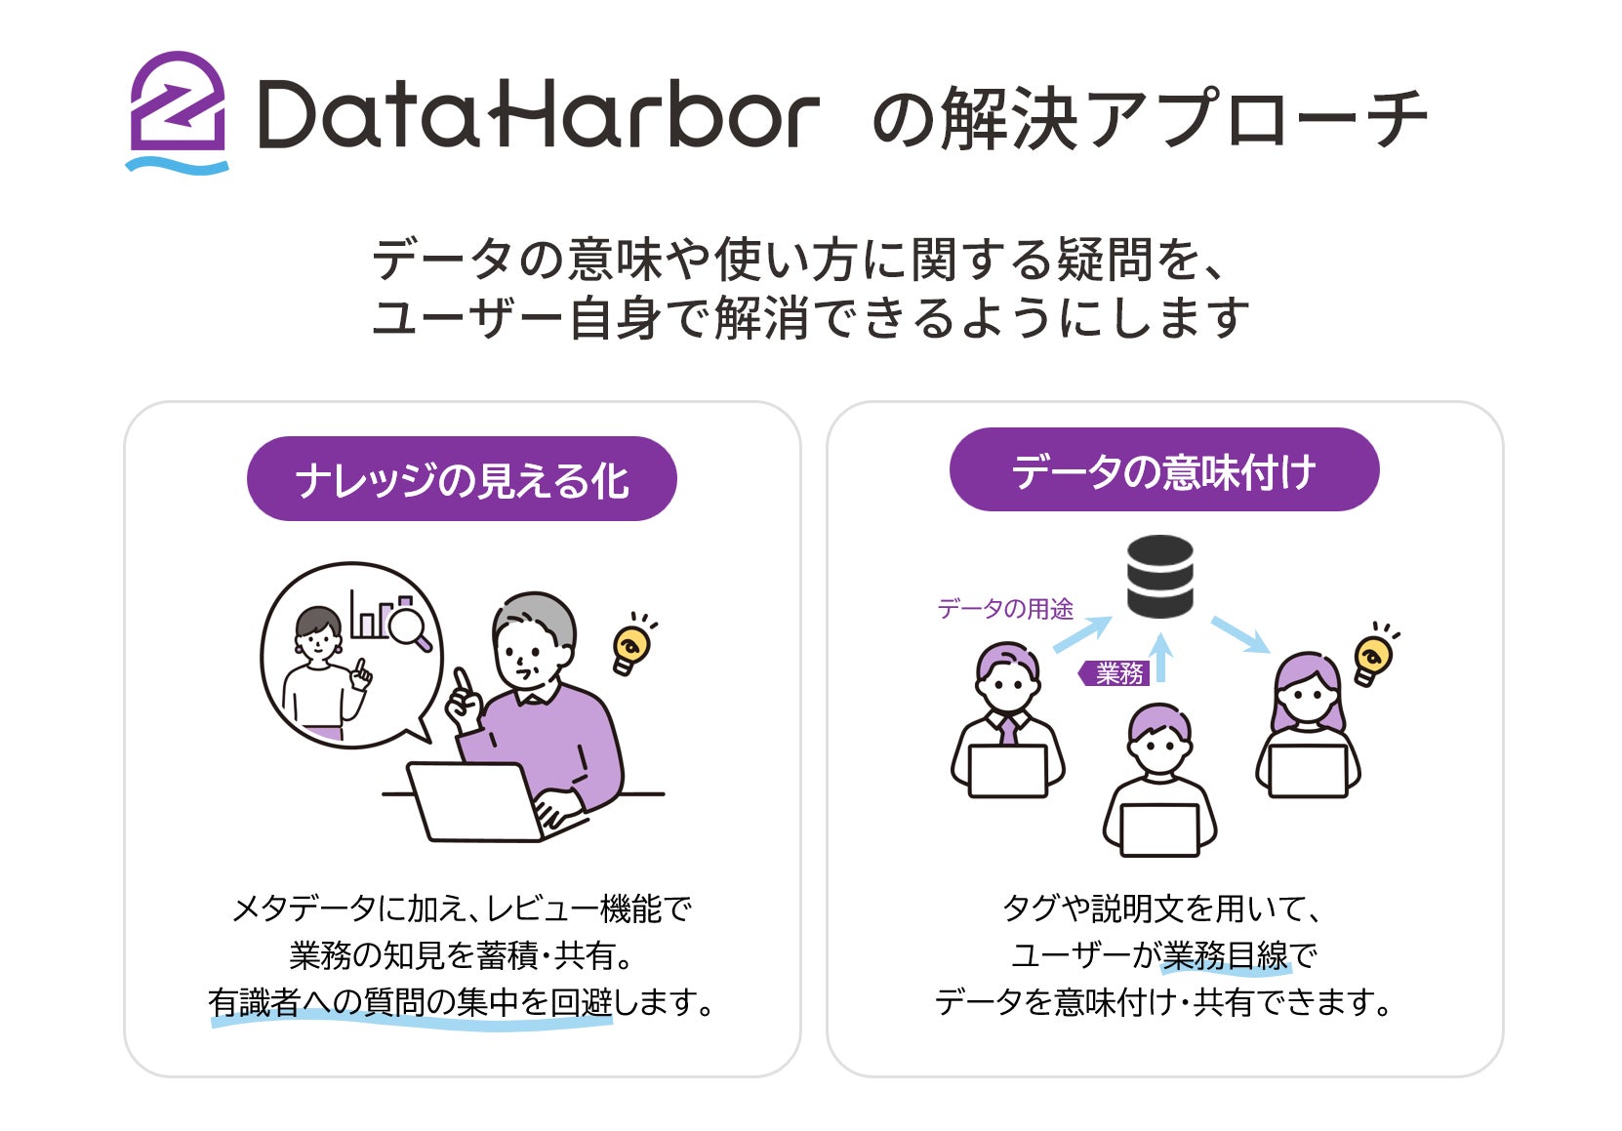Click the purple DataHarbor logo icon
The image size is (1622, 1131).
(x=178, y=112)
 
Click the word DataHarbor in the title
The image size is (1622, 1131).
(x=539, y=113)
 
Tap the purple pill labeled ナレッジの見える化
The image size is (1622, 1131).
(x=462, y=478)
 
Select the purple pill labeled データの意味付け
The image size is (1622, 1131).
(x=1164, y=470)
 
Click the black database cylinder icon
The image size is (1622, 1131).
(x=1160, y=576)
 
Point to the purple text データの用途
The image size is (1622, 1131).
(x=1005, y=609)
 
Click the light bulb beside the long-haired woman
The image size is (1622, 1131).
(x=1374, y=655)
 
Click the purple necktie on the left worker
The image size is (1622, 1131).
(x=1008, y=730)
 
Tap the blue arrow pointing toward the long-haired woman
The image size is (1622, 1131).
(x=1240, y=634)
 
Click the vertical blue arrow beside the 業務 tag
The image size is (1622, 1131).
(x=1161, y=658)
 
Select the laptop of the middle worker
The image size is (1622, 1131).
(x=1159, y=829)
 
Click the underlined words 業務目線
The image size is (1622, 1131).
(x=1226, y=955)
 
